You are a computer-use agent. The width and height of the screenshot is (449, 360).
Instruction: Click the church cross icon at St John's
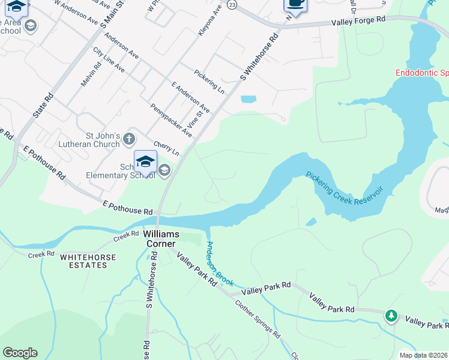click(x=129, y=140)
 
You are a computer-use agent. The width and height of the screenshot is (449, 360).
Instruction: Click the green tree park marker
click(x=391, y=315)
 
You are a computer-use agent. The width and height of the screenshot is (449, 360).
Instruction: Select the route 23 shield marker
click(x=232, y=4)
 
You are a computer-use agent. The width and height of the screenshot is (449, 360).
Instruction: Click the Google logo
click(x=20, y=353)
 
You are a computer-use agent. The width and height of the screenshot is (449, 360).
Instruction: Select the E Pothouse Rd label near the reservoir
click(x=127, y=208)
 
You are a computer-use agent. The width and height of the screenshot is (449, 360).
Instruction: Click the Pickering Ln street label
click(x=209, y=82)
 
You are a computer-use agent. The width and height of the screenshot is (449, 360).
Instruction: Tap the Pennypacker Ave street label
click(x=171, y=120)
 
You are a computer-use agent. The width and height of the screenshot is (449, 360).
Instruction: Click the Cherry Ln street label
click(x=166, y=148)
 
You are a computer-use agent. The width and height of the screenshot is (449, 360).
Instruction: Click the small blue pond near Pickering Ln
click(x=249, y=99)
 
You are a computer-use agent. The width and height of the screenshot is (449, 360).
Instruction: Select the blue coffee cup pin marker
click(x=295, y=4)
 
